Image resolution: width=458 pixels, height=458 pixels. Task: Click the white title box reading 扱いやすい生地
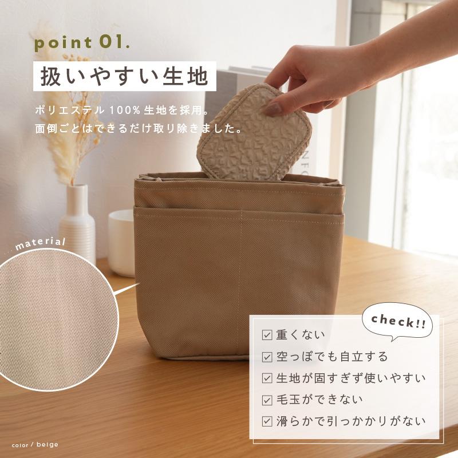[x=124, y=76]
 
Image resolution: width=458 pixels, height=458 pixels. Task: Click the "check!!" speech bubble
[x=398, y=321]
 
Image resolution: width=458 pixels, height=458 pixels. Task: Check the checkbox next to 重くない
[x=267, y=335]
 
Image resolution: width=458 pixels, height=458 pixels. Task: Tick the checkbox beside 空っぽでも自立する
[x=267, y=357]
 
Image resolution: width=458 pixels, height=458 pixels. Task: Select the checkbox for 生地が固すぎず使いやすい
[x=267, y=378]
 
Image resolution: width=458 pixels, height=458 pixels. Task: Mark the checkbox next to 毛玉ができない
[x=267, y=400]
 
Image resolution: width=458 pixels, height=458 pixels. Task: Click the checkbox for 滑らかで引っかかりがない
[x=267, y=421]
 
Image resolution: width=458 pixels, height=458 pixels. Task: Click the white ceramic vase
[x=77, y=220]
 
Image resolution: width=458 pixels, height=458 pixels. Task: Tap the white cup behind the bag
[x=121, y=240]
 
